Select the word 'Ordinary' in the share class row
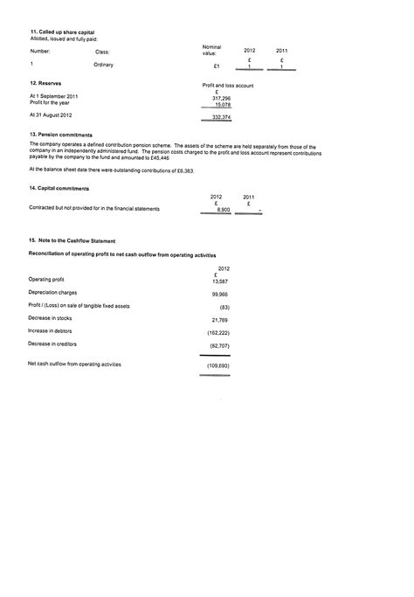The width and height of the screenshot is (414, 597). click(x=103, y=65)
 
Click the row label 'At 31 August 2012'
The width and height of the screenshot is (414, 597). click(x=51, y=115)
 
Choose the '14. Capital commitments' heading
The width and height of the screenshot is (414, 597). click(x=59, y=188)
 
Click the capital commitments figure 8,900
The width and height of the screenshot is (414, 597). click(x=223, y=210)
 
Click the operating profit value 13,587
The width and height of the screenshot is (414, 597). click(x=219, y=281)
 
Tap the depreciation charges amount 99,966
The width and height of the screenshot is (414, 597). click(x=219, y=295)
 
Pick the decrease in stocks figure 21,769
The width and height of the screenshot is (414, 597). click(x=219, y=320)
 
